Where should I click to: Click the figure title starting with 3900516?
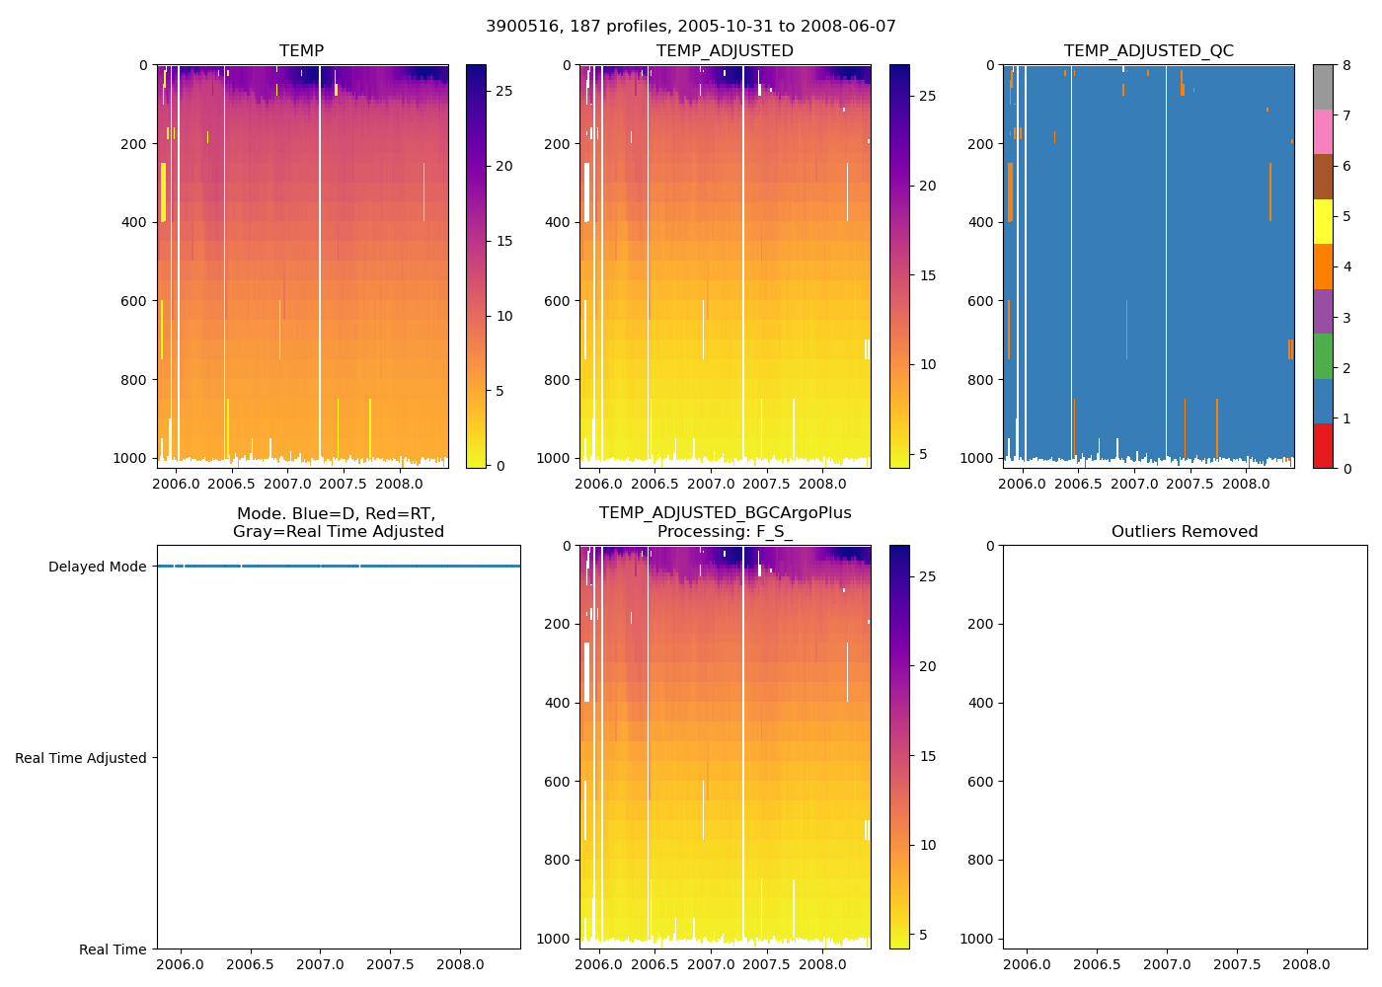691,27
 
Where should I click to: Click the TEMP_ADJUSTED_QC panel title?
1148,50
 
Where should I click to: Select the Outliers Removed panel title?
1185,531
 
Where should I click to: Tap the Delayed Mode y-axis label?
97,567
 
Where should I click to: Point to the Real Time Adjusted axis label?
81,758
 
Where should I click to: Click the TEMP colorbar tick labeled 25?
503,91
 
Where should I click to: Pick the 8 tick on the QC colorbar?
1345,65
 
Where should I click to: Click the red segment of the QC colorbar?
1323,445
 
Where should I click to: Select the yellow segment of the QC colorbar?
1323,221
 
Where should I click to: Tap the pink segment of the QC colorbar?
1323,131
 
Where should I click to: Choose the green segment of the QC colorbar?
1323,355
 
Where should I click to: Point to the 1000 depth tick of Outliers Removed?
978,939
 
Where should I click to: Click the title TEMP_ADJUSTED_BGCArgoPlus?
725,513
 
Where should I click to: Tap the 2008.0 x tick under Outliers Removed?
1307,964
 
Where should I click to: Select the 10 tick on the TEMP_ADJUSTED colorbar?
928,364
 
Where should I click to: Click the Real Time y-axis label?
113,949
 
